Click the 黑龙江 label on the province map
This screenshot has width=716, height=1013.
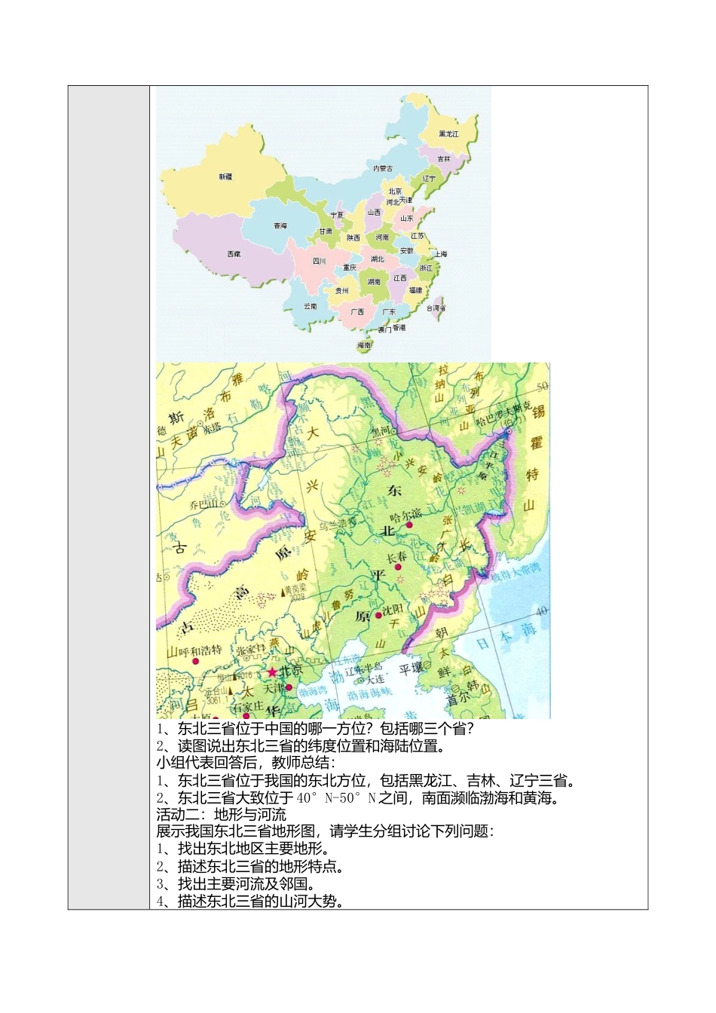pyautogui.click(x=448, y=134)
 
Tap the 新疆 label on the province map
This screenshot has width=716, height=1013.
pyautogui.click(x=225, y=176)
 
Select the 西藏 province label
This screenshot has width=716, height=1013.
pyautogui.click(x=234, y=254)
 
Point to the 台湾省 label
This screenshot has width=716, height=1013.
pyautogui.click(x=436, y=308)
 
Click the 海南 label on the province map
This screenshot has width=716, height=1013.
pyautogui.click(x=365, y=345)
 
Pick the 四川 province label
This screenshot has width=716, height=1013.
pyautogui.click(x=319, y=262)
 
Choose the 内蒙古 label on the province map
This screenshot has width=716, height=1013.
pyautogui.click(x=383, y=169)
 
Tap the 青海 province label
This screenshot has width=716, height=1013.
pyautogui.click(x=280, y=225)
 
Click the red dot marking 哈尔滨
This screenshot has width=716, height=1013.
pyautogui.click(x=409, y=525)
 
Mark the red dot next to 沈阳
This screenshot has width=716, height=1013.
pyautogui.click(x=378, y=615)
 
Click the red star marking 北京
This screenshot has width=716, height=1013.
pyautogui.click(x=272, y=672)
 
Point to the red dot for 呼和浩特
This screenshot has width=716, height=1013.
pyautogui.click(x=195, y=661)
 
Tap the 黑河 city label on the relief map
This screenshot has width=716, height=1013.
pyautogui.click(x=382, y=432)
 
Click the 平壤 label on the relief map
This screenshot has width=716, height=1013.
pyautogui.click(x=412, y=667)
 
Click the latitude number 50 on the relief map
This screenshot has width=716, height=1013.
pyautogui.click(x=542, y=387)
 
